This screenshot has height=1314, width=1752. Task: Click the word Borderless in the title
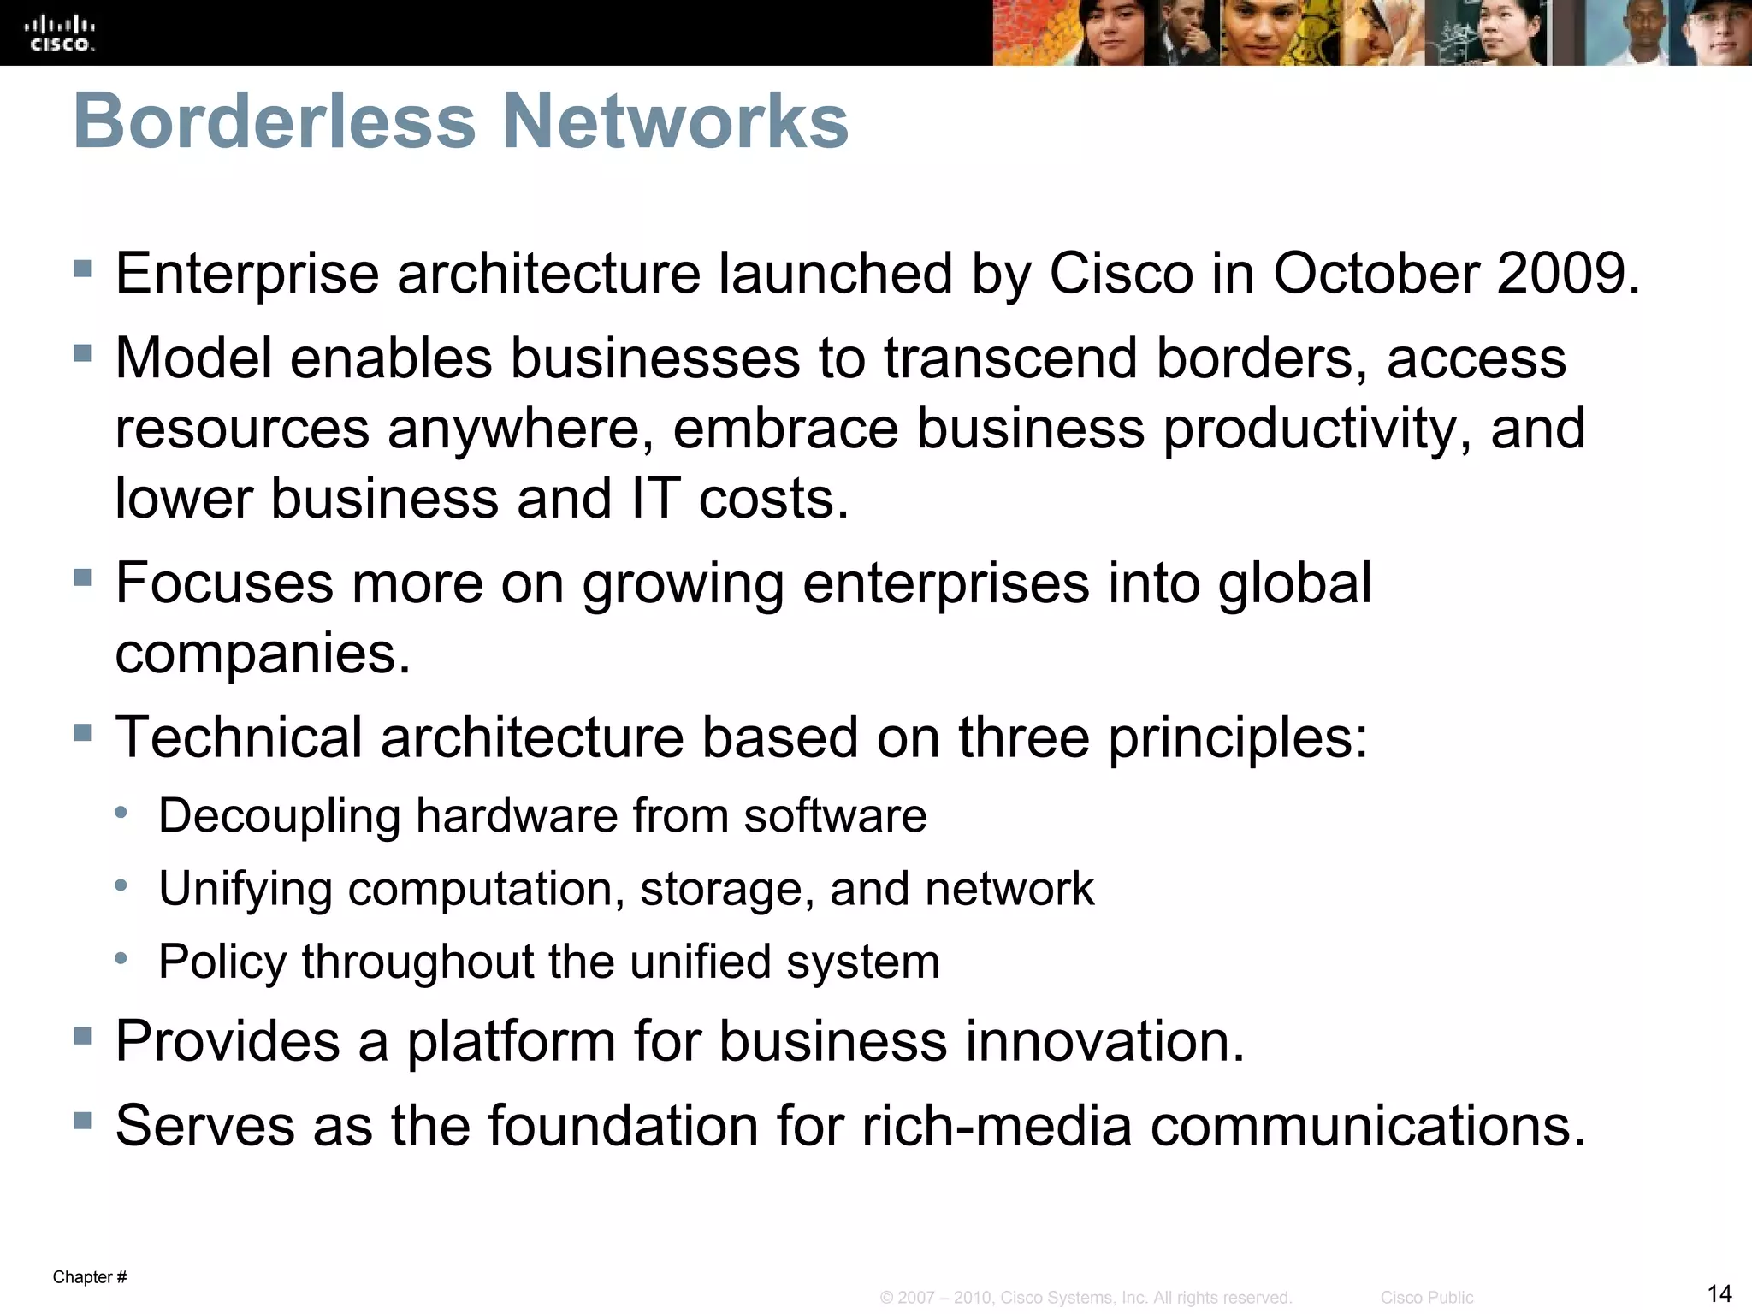click(274, 121)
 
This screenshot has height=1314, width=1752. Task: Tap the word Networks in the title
click(675, 121)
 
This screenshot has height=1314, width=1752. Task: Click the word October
click(1376, 274)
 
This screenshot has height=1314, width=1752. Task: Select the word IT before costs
click(655, 498)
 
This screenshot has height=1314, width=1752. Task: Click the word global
click(1294, 583)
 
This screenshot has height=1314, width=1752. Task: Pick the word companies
click(263, 654)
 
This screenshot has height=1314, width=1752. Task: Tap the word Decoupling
click(279, 815)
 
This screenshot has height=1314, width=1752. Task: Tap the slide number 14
click(1719, 1293)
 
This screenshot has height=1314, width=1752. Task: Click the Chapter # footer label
click(90, 1277)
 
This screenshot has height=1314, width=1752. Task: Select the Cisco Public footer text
click(1426, 1298)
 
